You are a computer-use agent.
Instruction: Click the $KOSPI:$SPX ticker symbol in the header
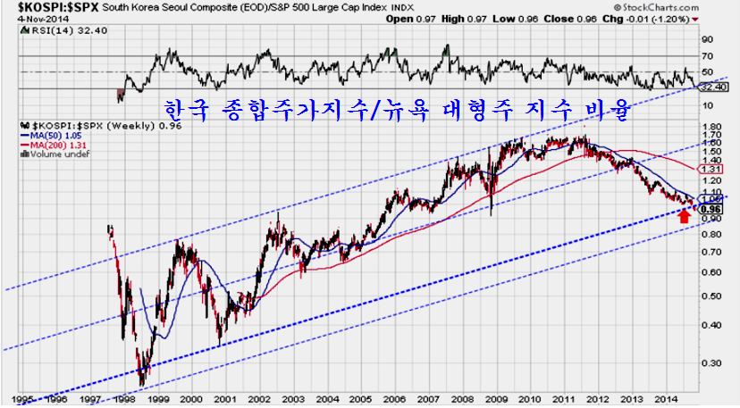pyautogui.click(x=46, y=7)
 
